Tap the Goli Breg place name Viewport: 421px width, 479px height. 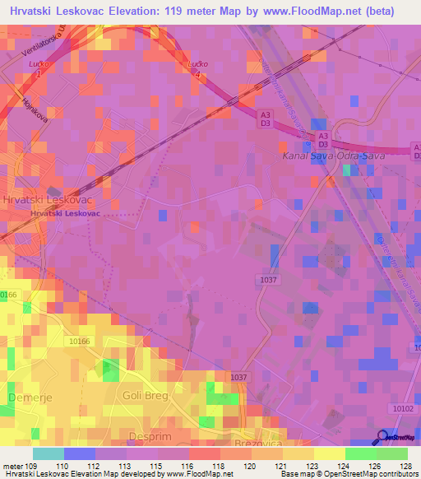coord(145,396)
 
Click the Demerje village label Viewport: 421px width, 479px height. coord(23,398)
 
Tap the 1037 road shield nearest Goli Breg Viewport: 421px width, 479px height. coord(238,377)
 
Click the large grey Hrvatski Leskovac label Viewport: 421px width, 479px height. coord(46,200)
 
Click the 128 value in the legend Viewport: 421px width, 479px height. coord(407,465)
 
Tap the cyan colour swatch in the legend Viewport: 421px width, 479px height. coord(48,453)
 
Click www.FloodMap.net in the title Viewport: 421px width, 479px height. coord(312,12)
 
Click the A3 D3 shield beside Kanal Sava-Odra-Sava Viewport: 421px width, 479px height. coord(323,140)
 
